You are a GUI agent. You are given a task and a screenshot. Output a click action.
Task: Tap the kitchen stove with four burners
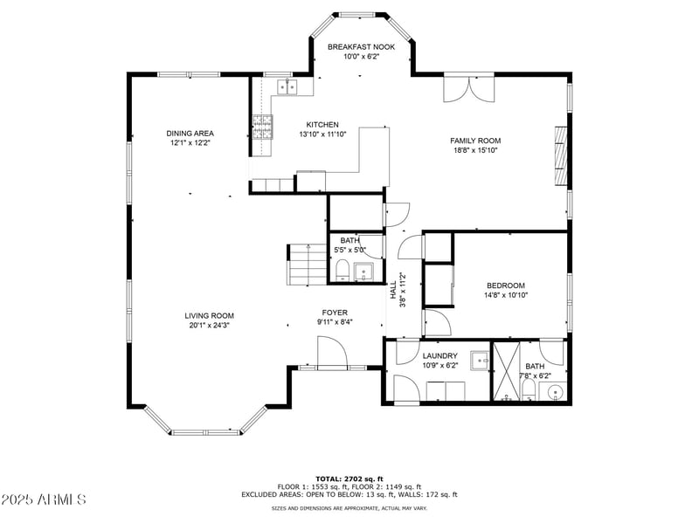[x=261, y=127]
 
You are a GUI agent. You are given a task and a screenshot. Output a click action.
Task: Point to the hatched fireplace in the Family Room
[x=560, y=155]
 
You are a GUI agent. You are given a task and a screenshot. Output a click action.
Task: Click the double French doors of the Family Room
[x=469, y=88]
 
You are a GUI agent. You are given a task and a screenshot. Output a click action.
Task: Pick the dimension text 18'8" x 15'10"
[x=474, y=150]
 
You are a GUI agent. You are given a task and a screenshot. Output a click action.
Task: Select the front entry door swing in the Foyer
[x=332, y=352]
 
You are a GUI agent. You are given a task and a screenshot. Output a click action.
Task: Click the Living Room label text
[x=209, y=316]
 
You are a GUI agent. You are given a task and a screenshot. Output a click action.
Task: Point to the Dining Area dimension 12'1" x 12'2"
[x=190, y=142]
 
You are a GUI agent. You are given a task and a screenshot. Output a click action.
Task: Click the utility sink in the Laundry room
[x=479, y=361]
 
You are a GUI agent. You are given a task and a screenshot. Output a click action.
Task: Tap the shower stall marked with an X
[x=506, y=373]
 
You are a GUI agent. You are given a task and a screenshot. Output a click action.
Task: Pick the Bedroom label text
[x=505, y=286]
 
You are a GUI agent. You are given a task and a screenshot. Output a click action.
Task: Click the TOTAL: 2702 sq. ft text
[x=349, y=478]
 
